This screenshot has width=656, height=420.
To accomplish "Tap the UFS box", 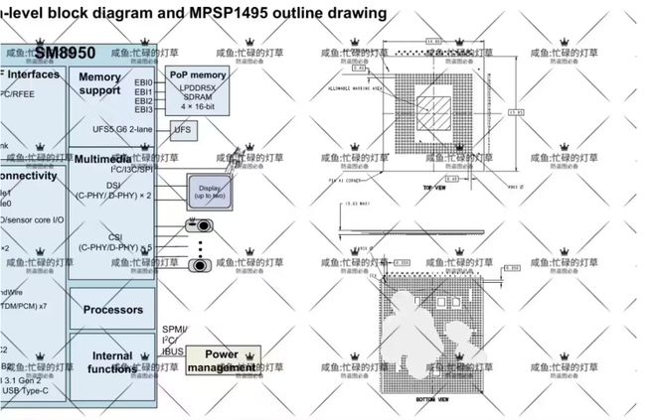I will pos(183,130).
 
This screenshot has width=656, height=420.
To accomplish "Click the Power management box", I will pos(224,360).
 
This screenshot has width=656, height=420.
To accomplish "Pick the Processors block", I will pos(112,310).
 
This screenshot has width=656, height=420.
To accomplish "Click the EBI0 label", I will pos(144,83).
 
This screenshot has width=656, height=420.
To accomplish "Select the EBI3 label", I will pos(144,110).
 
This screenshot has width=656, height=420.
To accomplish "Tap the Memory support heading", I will pos(99,84).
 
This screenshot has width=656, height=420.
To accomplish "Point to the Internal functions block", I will pos(112,362).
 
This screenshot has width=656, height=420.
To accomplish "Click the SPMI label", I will pos(172,329).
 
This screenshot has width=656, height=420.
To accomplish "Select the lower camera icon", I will pos(199,266).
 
